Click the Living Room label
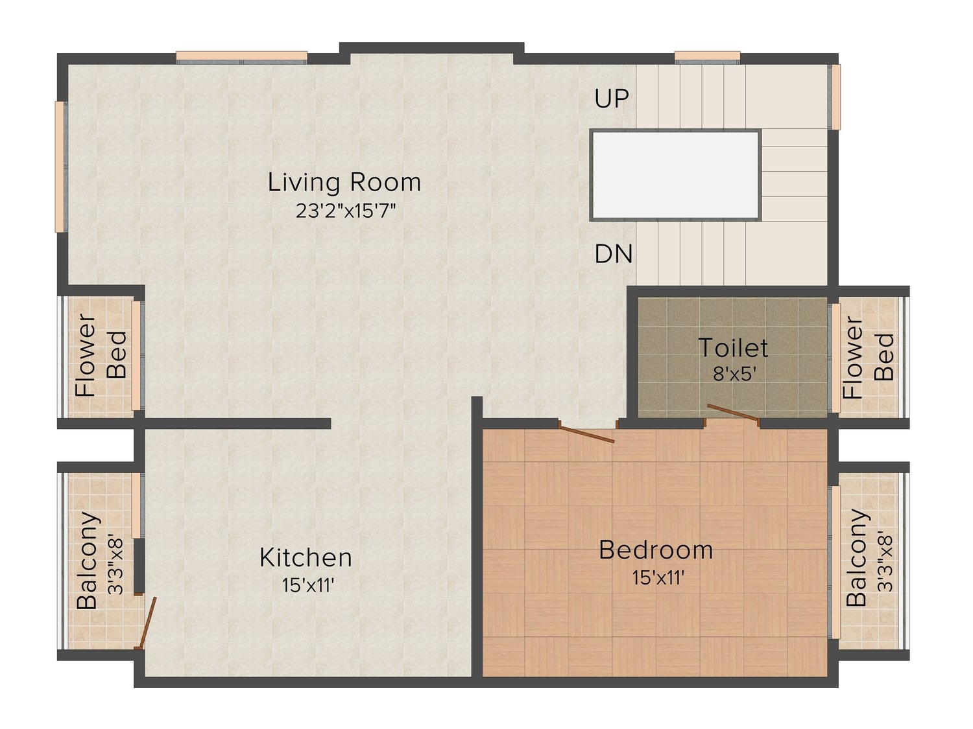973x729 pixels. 344,182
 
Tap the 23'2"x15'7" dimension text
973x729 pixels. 345,211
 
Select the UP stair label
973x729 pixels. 611,98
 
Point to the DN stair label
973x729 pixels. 614,255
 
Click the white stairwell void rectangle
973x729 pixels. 675,175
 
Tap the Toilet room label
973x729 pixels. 733,348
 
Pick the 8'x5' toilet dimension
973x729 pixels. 734,375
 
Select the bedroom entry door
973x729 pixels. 586,435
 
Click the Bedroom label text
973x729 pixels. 656,550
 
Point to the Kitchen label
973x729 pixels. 306,558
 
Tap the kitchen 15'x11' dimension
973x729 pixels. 307,586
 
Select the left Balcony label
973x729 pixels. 87,561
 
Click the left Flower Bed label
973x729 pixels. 101,354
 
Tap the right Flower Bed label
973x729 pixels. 868,357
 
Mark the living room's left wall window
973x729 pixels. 61,167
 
